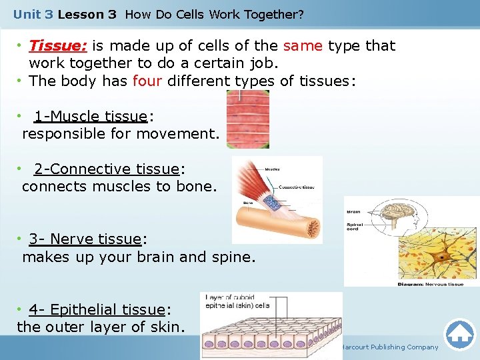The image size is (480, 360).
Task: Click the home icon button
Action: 459,334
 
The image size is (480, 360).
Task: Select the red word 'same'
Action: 303,46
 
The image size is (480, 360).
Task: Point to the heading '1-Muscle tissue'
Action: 90,117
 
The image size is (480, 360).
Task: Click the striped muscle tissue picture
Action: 248,119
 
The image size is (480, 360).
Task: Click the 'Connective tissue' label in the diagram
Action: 296,187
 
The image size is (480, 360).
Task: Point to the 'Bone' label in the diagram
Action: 248,202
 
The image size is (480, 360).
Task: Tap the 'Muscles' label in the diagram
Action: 273,169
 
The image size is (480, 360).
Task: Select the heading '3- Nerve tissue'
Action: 85,239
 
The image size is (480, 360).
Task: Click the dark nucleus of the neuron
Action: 441,257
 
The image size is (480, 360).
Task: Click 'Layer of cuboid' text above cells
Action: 230,297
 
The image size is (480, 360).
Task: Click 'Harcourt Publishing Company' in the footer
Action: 389,347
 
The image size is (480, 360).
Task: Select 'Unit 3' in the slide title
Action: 31,14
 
